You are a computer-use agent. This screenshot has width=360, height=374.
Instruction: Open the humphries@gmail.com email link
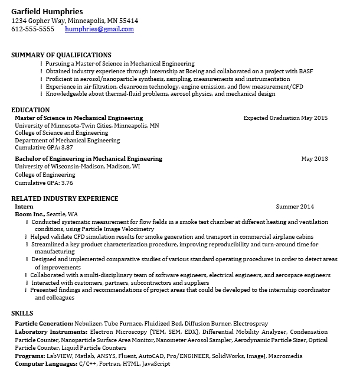99,28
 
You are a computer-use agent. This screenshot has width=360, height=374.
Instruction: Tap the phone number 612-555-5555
32,28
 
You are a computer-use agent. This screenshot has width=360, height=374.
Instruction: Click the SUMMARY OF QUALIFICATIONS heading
61,55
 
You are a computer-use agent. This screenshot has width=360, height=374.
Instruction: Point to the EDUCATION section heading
30,110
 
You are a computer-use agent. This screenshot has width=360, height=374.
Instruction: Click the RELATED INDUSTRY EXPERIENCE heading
68,199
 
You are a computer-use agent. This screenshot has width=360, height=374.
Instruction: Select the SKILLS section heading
22,313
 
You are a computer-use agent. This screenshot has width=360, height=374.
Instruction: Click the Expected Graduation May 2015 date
285,118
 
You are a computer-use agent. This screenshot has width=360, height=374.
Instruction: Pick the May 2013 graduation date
314,159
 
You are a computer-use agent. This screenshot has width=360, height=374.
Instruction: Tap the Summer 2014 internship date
295,207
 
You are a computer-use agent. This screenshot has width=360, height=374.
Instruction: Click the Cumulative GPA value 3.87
67,148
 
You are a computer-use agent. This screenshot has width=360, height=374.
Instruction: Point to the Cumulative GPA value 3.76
67,183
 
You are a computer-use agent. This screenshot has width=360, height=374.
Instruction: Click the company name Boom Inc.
30,214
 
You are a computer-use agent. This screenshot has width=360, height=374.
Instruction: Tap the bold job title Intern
24,207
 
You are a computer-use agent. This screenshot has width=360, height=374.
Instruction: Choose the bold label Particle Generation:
44,324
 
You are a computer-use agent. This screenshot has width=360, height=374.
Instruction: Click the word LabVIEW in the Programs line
60,356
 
